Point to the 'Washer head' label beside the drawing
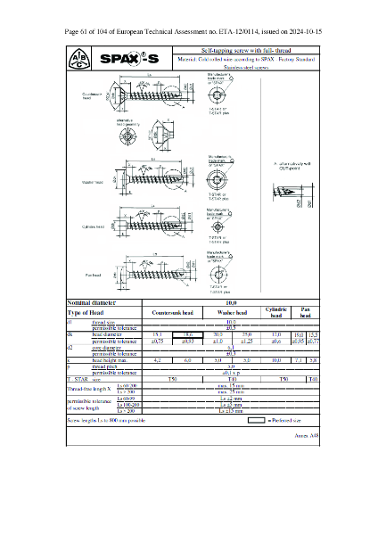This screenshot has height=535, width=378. [x=93, y=182]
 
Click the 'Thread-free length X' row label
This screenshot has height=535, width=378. [x=90, y=389]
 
